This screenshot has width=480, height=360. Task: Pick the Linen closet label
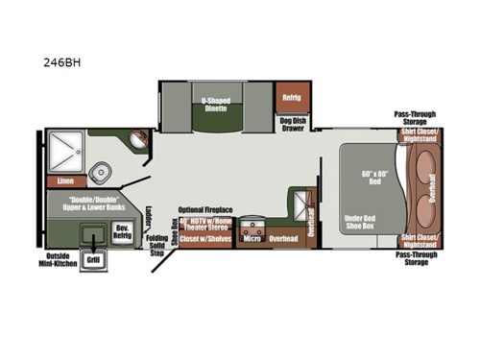tap(65, 180)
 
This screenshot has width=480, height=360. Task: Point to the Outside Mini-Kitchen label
tap(62, 260)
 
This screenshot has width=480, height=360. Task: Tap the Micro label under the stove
tap(252, 239)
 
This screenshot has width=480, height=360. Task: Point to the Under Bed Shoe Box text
tap(364, 224)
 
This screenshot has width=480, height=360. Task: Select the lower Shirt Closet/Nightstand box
tap(419, 239)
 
